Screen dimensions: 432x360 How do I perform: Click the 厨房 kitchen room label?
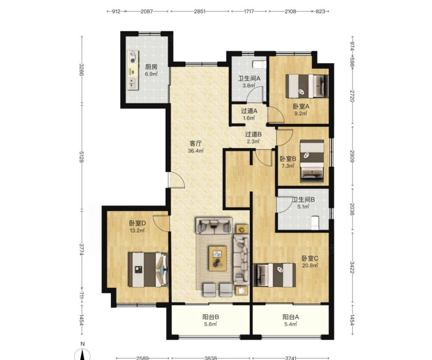pyautogui.click(x=151, y=67)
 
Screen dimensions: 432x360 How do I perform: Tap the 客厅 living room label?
pyautogui.click(x=196, y=143)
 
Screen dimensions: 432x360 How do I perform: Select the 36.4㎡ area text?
pyautogui.click(x=196, y=151)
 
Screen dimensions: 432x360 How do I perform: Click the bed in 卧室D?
pyautogui.click(x=148, y=270)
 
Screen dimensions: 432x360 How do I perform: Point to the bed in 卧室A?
pyautogui.click(x=307, y=86)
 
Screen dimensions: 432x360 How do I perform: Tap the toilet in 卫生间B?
pyautogui.click(x=314, y=222)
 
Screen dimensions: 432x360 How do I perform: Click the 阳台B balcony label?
pyautogui.click(x=211, y=317)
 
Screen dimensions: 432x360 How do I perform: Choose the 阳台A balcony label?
pyautogui.click(x=291, y=317)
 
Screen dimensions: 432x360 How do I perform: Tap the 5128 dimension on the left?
pyautogui.click(x=81, y=157)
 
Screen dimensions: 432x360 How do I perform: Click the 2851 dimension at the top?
pyautogui.click(x=200, y=11)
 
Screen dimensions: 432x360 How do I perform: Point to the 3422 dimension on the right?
pyautogui.click(x=352, y=267)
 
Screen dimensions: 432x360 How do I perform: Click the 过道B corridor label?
pyautogui.click(x=253, y=135)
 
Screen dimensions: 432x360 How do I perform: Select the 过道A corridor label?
pyautogui.click(x=249, y=111)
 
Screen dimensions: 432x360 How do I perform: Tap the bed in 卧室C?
pyautogui.click(x=274, y=275)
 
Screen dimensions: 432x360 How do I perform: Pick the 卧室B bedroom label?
pyautogui.click(x=288, y=159)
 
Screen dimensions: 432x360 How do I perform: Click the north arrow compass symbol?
pyautogui.click(x=82, y=354)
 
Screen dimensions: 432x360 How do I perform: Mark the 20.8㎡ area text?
pyautogui.click(x=310, y=265)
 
